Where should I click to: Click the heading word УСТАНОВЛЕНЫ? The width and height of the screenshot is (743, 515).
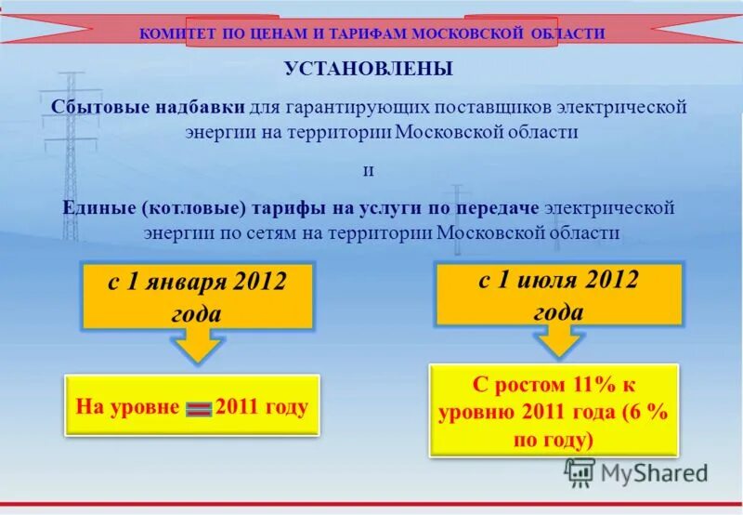point(369,70)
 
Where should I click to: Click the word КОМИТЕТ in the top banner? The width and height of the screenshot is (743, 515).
point(171,33)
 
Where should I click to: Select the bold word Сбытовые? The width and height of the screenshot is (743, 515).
point(97,107)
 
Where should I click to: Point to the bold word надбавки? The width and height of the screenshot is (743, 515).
point(194,107)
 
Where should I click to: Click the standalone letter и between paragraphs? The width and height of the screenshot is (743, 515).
point(368,171)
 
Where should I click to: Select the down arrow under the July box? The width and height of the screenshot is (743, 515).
point(558,340)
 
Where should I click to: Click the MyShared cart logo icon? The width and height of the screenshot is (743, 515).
point(580,472)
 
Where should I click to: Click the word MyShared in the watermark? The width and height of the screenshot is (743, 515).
point(654,473)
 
